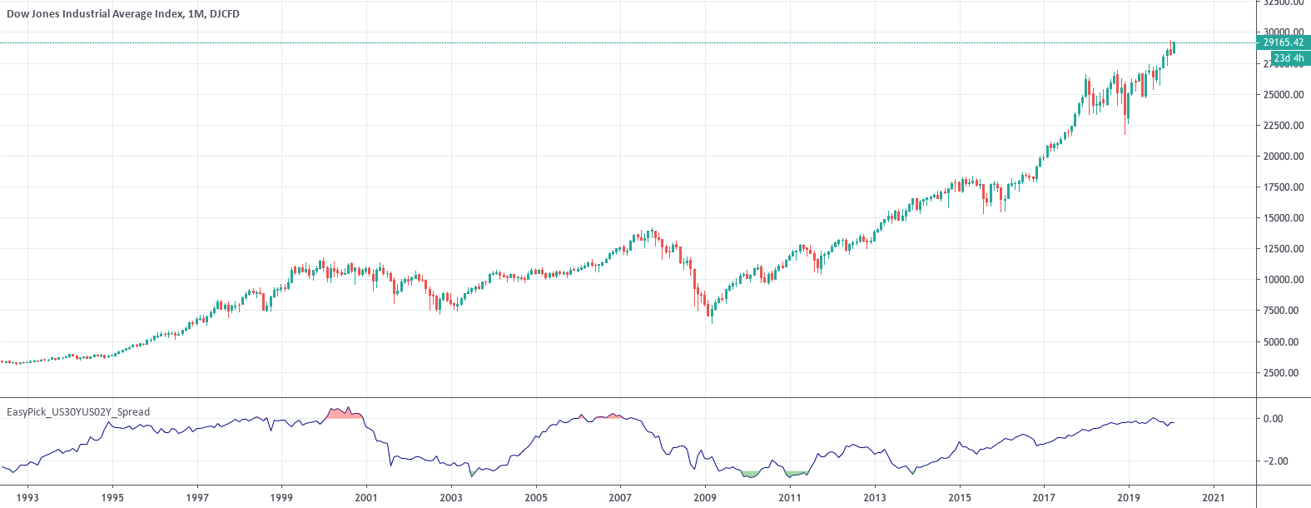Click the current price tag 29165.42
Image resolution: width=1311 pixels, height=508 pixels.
pos(1283,42)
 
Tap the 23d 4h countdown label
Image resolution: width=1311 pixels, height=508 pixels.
pos(1289,58)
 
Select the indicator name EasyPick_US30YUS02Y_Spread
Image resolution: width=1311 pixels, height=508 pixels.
pos(78,411)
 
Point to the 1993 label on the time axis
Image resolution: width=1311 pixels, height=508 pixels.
pos(27,497)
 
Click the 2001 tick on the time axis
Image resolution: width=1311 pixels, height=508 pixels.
pos(366,497)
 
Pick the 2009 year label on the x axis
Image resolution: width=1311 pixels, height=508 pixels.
pos(705,497)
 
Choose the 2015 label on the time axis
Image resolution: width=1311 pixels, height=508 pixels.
pos(959,497)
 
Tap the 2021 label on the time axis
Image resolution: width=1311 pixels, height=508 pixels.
pos(1213,497)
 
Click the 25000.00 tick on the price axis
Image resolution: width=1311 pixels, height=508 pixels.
pos(1283,95)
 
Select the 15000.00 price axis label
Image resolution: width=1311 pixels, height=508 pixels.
pos(1283,218)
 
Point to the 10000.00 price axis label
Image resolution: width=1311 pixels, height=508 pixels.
pos(1283,280)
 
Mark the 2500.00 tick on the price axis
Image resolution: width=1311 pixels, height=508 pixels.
pos(1283,372)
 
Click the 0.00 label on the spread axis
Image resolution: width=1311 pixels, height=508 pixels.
pos(1273,419)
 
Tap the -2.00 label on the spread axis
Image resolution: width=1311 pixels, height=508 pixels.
pos(1273,461)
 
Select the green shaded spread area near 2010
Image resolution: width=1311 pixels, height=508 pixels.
pos(751,473)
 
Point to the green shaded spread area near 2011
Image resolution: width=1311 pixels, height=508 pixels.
pos(795,474)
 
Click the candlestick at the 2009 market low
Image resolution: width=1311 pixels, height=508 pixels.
pos(710,311)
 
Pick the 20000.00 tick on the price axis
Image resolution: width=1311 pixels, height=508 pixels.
pos(1283,157)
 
